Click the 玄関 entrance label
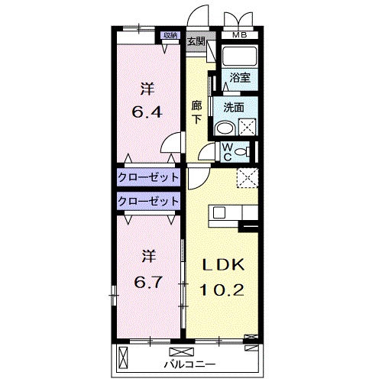(x=196, y=41)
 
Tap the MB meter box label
(x=240, y=35)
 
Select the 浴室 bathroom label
(x=240, y=78)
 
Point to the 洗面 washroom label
(x=234, y=108)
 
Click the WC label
(x=228, y=152)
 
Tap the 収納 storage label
(x=170, y=35)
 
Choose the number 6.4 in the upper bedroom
(x=147, y=112)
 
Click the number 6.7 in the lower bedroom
(x=148, y=282)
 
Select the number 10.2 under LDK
(x=222, y=290)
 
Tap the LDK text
(x=223, y=265)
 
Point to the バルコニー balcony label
(x=189, y=364)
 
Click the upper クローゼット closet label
(x=148, y=177)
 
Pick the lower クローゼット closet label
(x=148, y=201)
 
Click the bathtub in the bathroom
(x=239, y=56)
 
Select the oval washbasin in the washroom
(x=225, y=127)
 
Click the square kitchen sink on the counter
(x=219, y=212)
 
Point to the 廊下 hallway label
(x=196, y=112)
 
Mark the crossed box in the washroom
(x=248, y=127)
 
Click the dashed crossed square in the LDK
(x=248, y=177)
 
